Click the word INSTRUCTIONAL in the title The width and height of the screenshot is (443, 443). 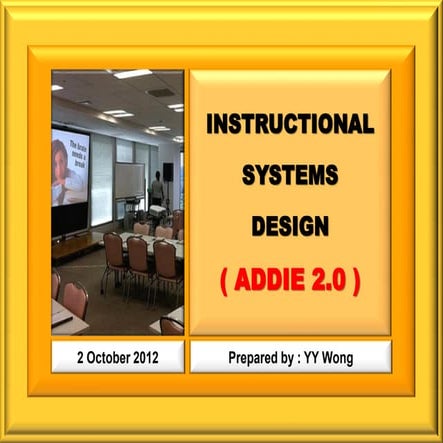pos(290,125)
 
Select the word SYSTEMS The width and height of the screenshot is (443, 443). pos(290,175)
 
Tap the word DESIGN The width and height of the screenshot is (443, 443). pos(290,225)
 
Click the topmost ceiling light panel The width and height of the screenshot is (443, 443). pos(132,74)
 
